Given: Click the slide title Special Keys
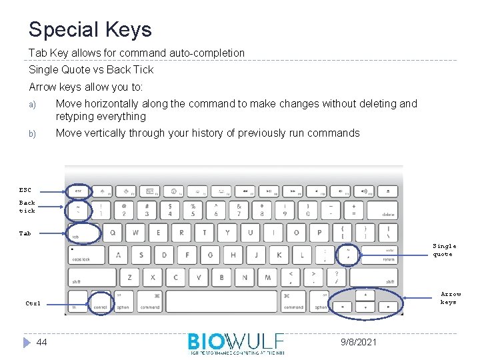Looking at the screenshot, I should pos(90,29).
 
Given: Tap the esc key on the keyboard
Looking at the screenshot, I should pos(79,191).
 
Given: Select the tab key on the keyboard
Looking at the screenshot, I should pos(83,233).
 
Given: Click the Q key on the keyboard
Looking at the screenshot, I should pos(112,233).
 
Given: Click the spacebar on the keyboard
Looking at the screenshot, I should pos(221,301).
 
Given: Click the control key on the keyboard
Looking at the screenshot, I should pos(101,301).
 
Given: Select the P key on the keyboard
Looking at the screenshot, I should pos(319,233).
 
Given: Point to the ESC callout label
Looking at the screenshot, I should pos(25,190).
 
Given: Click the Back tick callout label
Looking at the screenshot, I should pos(27,207).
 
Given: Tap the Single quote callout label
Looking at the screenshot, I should pos(445,250).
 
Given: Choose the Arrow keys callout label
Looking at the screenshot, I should pos(451,298).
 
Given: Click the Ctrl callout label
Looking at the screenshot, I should pos(33,303).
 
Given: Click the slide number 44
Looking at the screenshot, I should pos(41,342).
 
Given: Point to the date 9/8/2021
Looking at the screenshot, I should pos(359,342).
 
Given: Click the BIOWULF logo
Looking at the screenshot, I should pos(236,343).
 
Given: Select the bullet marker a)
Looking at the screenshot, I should pos(31,105).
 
